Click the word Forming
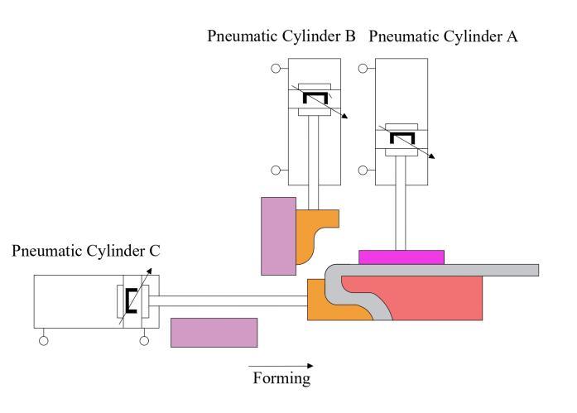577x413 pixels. click(x=281, y=380)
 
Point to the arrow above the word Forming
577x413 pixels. click(x=281, y=365)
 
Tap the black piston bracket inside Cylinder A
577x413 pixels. click(x=401, y=137)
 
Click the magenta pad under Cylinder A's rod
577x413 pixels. click(x=401, y=257)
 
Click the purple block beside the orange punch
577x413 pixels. click(x=276, y=235)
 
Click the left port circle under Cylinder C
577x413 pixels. click(x=44, y=339)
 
